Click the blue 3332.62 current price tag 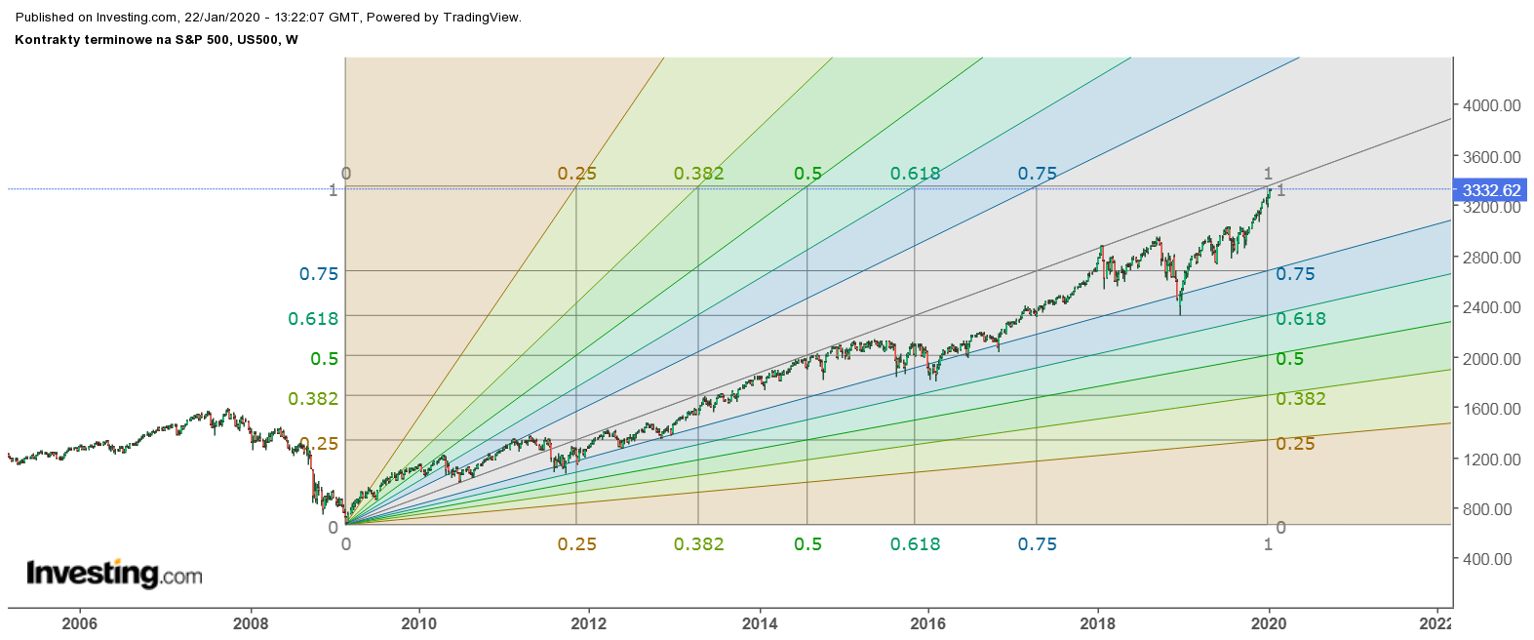(x=1491, y=190)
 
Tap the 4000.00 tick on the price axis (x=1491, y=105)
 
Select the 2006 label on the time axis (x=79, y=623)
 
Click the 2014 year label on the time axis (x=760, y=623)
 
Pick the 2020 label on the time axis (x=1269, y=623)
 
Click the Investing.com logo (x=114, y=574)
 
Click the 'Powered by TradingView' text (x=444, y=18)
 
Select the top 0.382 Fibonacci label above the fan (x=699, y=174)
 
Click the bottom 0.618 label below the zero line (x=916, y=544)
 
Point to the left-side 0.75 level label (x=319, y=274)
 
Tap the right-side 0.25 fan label (x=1296, y=444)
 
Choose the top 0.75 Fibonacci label (x=1038, y=174)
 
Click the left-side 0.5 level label (x=325, y=359)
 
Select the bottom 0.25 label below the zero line (x=577, y=544)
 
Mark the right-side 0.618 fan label (x=1302, y=319)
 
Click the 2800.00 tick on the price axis (x=1491, y=258)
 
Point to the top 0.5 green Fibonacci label (x=808, y=174)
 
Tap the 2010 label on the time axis (x=419, y=623)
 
